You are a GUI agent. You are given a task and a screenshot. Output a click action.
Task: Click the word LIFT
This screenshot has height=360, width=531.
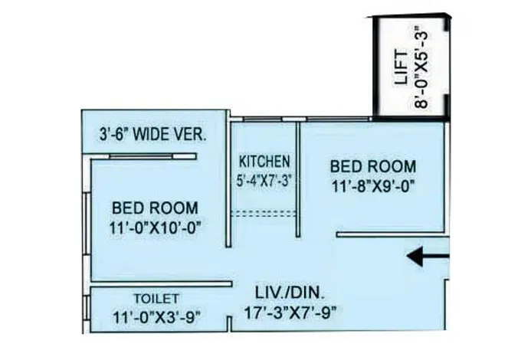pyautogui.click(x=400, y=67)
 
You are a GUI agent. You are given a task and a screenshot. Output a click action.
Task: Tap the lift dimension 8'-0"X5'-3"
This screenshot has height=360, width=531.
pyautogui.click(x=421, y=67)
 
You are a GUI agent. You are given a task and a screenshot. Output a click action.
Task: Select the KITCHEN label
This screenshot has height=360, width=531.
pyautogui.click(x=264, y=162)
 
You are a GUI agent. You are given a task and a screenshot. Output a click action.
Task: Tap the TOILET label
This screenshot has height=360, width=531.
pyautogui.click(x=156, y=298)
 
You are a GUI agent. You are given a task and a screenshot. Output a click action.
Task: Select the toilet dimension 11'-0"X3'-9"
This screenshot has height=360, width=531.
pyautogui.click(x=156, y=316)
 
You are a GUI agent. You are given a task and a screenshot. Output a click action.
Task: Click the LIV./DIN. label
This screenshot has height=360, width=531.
pyautogui.click(x=290, y=292)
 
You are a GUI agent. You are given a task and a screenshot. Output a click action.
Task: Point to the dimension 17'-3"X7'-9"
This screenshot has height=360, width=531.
pyautogui.click(x=290, y=312)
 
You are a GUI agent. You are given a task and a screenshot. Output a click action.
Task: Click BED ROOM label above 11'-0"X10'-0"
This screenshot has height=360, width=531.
pyautogui.click(x=155, y=207)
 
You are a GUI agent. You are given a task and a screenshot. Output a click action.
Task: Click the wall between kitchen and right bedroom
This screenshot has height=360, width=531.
pyautogui.click(x=298, y=184)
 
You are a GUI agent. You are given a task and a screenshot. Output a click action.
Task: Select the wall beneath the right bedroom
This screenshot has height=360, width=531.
pyautogui.click(x=391, y=233)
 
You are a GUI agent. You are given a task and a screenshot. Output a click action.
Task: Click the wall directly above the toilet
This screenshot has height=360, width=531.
pyautogui.click(x=161, y=283)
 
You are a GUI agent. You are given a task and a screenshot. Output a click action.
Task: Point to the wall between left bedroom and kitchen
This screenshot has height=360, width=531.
pyautogui.click(x=228, y=191)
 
